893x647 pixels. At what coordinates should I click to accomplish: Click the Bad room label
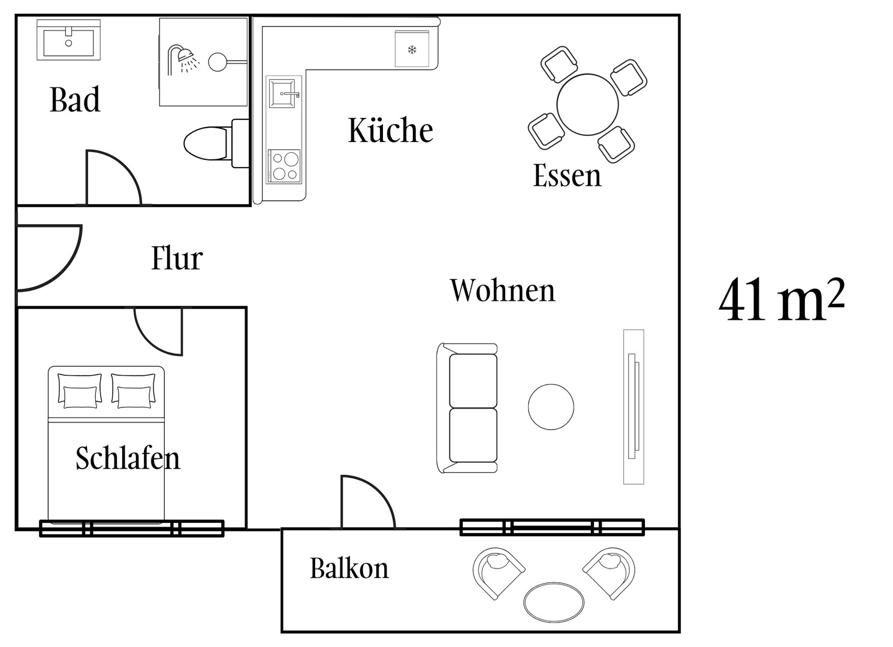tap(75, 100)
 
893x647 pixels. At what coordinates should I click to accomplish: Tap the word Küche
tap(390, 130)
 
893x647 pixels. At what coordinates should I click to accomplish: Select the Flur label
tap(177, 258)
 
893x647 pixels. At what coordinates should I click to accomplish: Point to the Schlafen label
tap(128, 458)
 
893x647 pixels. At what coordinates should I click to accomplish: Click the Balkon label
tap(349, 568)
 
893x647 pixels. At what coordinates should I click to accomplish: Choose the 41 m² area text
tap(781, 300)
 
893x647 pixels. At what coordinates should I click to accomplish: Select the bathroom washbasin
tap(68, 40)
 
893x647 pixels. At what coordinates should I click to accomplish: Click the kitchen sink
tap(284, 93)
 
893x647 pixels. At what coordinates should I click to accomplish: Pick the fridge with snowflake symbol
tap(412, 49)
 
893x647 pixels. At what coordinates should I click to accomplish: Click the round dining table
tap(587, 105)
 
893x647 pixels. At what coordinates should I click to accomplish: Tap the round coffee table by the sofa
tap(551, 407)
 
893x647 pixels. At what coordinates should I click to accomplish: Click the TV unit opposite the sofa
tap(633, 406)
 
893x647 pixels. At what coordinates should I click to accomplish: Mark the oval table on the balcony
tap(554, 602)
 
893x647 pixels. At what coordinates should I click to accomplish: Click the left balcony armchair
tap(497, 570)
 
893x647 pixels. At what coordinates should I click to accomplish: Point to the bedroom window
tap(131, 528)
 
